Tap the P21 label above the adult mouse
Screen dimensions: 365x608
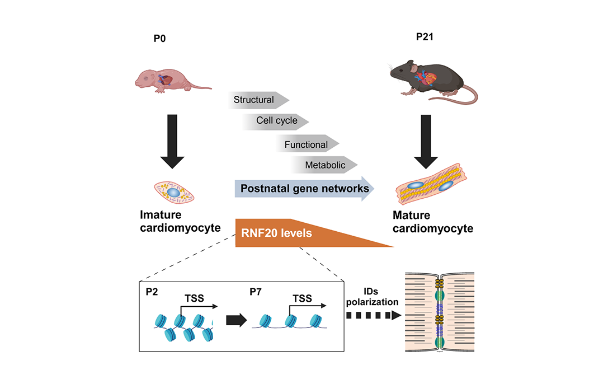(x=425, y=38)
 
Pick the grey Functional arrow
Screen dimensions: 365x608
(x=307, y=144)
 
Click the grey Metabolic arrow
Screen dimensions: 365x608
(x=323, y=165)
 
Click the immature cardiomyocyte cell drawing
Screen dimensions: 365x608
(x=173, y=192)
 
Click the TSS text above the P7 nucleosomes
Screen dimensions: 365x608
(x=303, y=299)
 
